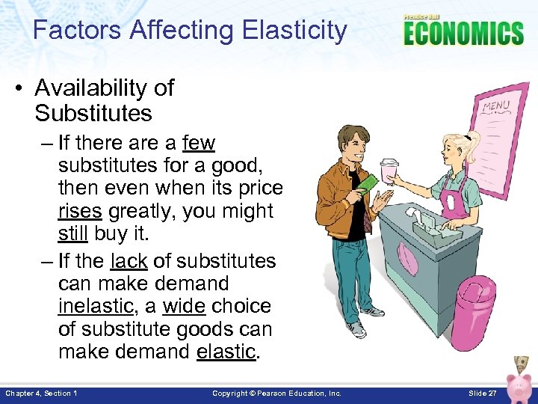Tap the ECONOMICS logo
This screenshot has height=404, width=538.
463,32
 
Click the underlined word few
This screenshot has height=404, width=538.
198,142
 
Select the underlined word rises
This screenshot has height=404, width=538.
79,211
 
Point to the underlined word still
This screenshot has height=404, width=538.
72,234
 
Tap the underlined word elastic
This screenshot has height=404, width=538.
226,352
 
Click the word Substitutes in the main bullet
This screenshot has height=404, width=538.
93,113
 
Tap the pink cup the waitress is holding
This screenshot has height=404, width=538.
389,170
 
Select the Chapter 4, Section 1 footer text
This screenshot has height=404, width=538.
41,394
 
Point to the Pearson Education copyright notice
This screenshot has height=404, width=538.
276,394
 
